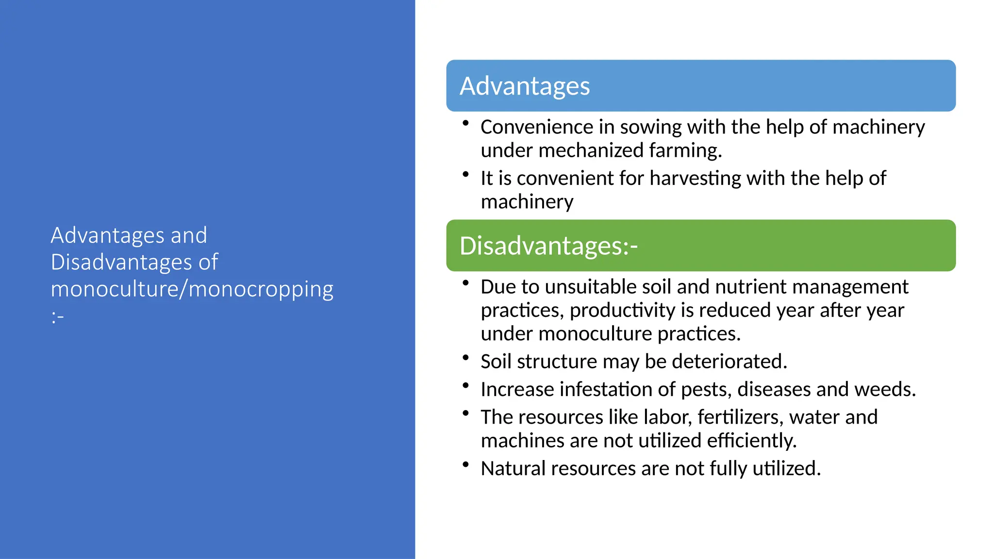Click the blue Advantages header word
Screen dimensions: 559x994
coord(525,86)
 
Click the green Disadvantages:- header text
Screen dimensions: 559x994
coord(548,246)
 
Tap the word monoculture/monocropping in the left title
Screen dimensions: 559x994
coord(192,289)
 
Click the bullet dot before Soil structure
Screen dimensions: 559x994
coord(465,358)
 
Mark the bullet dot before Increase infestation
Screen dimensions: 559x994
coord(465,386)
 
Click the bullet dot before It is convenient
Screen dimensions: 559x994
coord(465,174)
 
